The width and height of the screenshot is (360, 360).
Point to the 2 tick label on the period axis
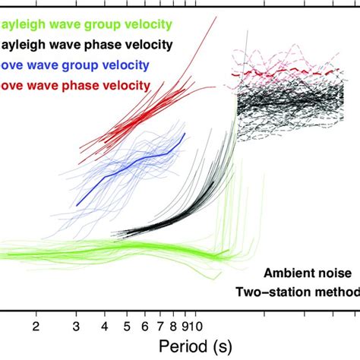coord(36,326)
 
